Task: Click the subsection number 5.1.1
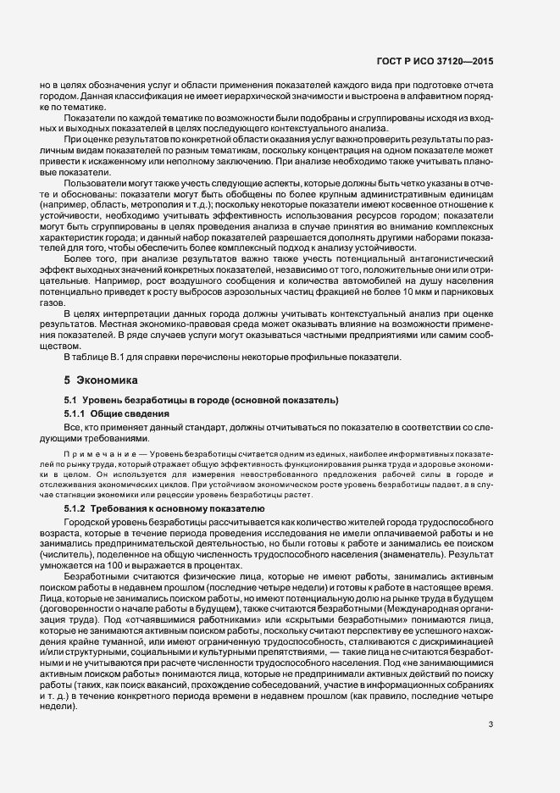point(80,412)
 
